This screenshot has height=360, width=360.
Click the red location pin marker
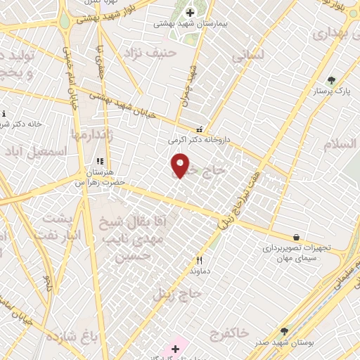pos(180,165)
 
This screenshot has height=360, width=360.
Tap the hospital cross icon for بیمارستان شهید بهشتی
pos(190,12)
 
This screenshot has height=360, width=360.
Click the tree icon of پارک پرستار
pos(331,80)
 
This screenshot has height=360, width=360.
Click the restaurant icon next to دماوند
pos(200,259)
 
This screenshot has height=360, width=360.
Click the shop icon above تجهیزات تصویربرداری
pos(297,238)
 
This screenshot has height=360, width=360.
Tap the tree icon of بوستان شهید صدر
pos(284,331)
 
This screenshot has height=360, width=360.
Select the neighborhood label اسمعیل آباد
pos(46,151)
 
